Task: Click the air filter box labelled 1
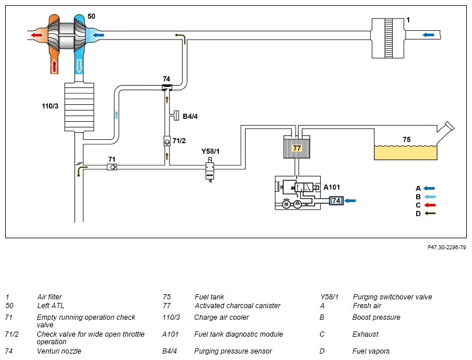[x=388, y=38]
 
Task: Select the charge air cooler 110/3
[x=79, y=107]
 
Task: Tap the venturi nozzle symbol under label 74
[x=167, y=87]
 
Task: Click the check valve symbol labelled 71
[x=112, y=167]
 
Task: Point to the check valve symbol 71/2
[x=167, y=141]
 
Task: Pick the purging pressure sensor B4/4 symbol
[x=175, y=116]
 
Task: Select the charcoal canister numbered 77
[x=296, y=147]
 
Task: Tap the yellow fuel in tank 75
[x=406, y=153]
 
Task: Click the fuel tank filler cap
[x=449, y=126]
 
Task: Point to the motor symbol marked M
[x=286, y=204]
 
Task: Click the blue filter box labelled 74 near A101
[x=336, y=200]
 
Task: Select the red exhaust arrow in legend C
[x=430, y=205]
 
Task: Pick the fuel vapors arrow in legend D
[x=430, y=214]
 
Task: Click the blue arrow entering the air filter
[x=428, y=35]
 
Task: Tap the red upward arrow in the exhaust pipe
[x=54, y=66]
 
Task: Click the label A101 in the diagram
[x=332, y=187]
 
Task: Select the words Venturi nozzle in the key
[x=59, y=351]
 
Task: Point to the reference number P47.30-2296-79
[x=447, y=248]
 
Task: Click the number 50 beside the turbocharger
[x=91, y=16]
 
